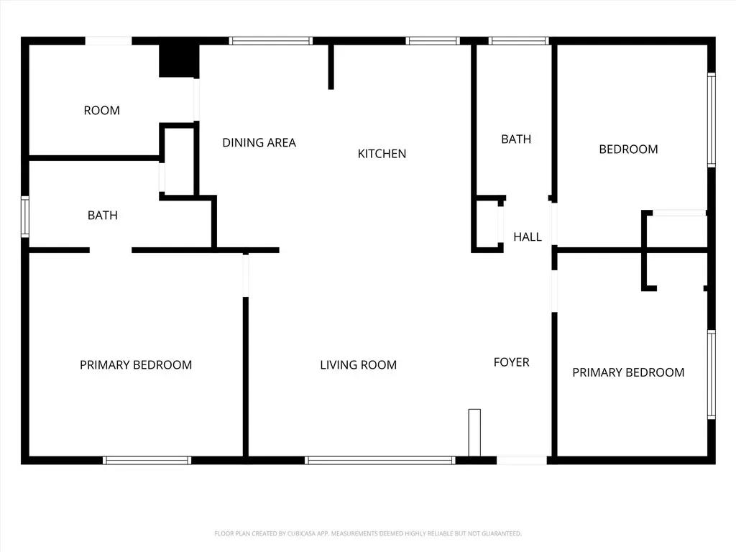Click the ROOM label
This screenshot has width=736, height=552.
point(102,110)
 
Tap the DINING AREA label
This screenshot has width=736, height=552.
point(259,143)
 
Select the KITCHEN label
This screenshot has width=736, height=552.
point(382,154)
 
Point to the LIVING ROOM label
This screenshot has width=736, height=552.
point(358,364)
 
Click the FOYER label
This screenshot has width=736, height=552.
point(511,362)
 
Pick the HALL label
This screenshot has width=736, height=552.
point(527,237)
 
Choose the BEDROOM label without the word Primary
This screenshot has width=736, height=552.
point(628,149)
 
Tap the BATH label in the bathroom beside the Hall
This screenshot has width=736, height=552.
point(516,139)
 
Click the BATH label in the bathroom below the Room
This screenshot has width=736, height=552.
point(102,216)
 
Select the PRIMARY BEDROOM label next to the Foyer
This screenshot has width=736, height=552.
point(628,373)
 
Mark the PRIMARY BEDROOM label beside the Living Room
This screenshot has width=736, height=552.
point(136,365)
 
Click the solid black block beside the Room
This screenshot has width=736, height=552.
point(179,60)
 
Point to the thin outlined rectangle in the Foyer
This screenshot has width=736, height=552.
point(474,432)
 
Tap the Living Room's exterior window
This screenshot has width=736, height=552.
point(379,461)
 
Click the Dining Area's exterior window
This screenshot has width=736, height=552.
point(271,41)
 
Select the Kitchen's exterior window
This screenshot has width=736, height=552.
point(432,41)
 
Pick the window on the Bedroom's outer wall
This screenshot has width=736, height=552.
point(712,120)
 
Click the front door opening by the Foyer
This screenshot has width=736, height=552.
point(522,461)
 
